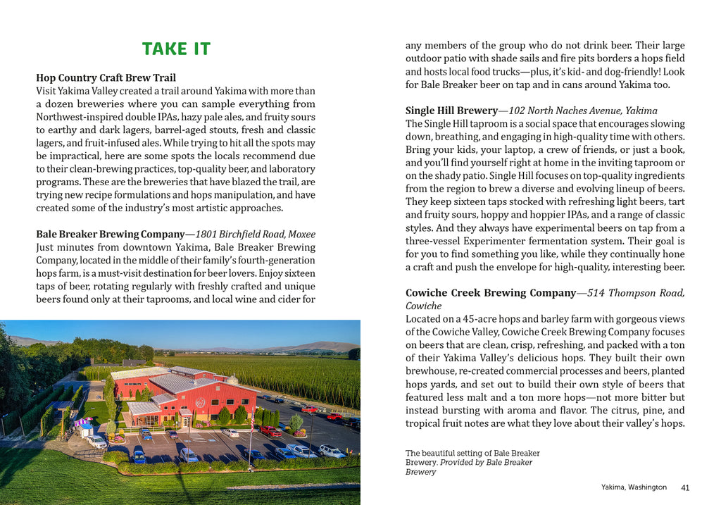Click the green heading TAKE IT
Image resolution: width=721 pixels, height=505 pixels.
[x=176, y=49]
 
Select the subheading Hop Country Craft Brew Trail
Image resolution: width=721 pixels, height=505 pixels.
[x=106, y=77]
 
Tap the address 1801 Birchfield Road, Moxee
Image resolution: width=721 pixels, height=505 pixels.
[x=256, y=234]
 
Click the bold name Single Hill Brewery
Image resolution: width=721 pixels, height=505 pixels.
[x=451, y=111]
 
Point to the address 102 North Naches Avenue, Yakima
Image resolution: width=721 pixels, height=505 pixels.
[x=583, y=111]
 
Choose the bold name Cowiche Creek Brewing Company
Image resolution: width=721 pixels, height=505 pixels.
[x=490, y=293]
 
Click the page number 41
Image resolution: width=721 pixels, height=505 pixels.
[x=685, y=487]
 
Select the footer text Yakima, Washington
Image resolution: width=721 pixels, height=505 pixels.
[x=634, y=487]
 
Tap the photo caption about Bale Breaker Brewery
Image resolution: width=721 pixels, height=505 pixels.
[x=472, y=462]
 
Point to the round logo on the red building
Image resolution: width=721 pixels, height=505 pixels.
[x=200, y=402]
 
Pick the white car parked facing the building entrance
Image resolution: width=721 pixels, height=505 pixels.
[x=230, y=432]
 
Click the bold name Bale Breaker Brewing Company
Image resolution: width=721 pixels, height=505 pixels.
[x=111, y=234]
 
